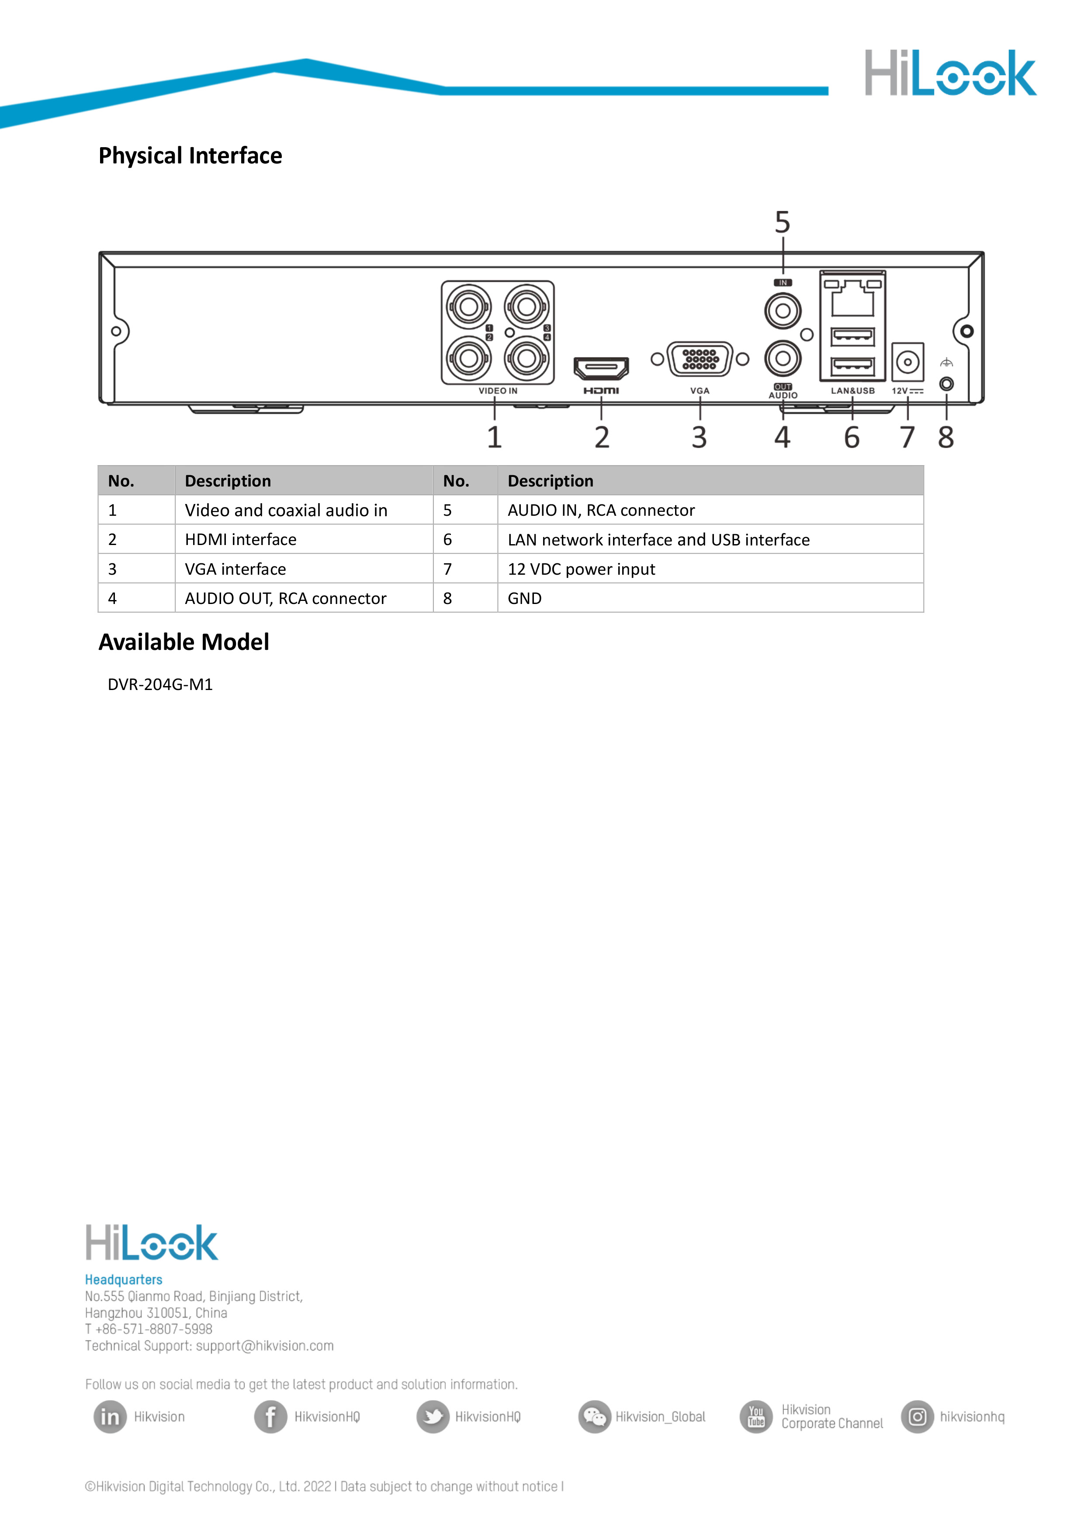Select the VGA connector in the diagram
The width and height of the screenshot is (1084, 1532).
pos(700,360)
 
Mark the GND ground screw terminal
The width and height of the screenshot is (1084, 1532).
pos(946,384)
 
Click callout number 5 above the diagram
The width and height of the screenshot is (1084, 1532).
pos(782,222)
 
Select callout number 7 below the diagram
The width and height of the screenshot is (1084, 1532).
pos(907,438)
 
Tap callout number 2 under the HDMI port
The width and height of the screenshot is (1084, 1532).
pos(601,438)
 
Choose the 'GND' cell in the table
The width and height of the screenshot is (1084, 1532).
pos(525,599)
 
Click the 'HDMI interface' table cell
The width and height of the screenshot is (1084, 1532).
pos(240,539)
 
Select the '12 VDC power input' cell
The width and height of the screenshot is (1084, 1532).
pos(581,569)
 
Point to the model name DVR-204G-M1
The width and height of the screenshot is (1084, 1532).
pos(160,685)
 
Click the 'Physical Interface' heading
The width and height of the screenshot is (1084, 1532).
pos(190,155)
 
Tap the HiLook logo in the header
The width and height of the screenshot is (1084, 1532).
pos(950,73)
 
